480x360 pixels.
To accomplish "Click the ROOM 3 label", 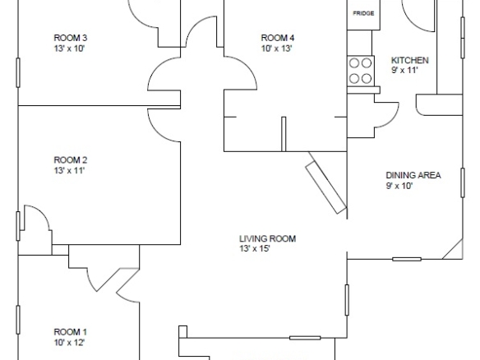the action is (x=71, y=38).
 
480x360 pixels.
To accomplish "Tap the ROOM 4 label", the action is (x=278, y=38).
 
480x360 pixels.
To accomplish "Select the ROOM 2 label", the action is (x=71, y=160).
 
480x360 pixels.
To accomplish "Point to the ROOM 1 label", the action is (x=70, y=332).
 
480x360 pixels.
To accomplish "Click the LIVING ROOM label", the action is (x=268, y=238).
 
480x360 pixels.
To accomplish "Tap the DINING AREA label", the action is (x=413, y=175).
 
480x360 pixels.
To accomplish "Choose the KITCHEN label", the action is (x=410, y=60).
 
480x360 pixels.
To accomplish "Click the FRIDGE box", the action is (x=363, y=15).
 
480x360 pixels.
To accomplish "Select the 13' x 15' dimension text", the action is (x=255, y=248).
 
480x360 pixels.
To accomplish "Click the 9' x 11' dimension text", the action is (x=404, y=71).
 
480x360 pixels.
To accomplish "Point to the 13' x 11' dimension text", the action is (x=69, y=170).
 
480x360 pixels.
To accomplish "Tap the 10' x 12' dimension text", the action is (x=69, y=342).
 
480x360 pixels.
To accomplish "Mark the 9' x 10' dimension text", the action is (x=399, y=186).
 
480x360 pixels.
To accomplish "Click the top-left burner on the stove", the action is (x=354, y=63).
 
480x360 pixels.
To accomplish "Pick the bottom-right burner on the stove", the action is (x=367, y=79).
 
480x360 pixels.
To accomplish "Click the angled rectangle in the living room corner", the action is (x=326, y=187).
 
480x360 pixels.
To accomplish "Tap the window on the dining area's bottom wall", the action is (x=407, y=259).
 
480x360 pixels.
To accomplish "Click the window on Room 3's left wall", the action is (x=18, y=72).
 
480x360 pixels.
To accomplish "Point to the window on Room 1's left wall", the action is (x=18, y=320).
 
